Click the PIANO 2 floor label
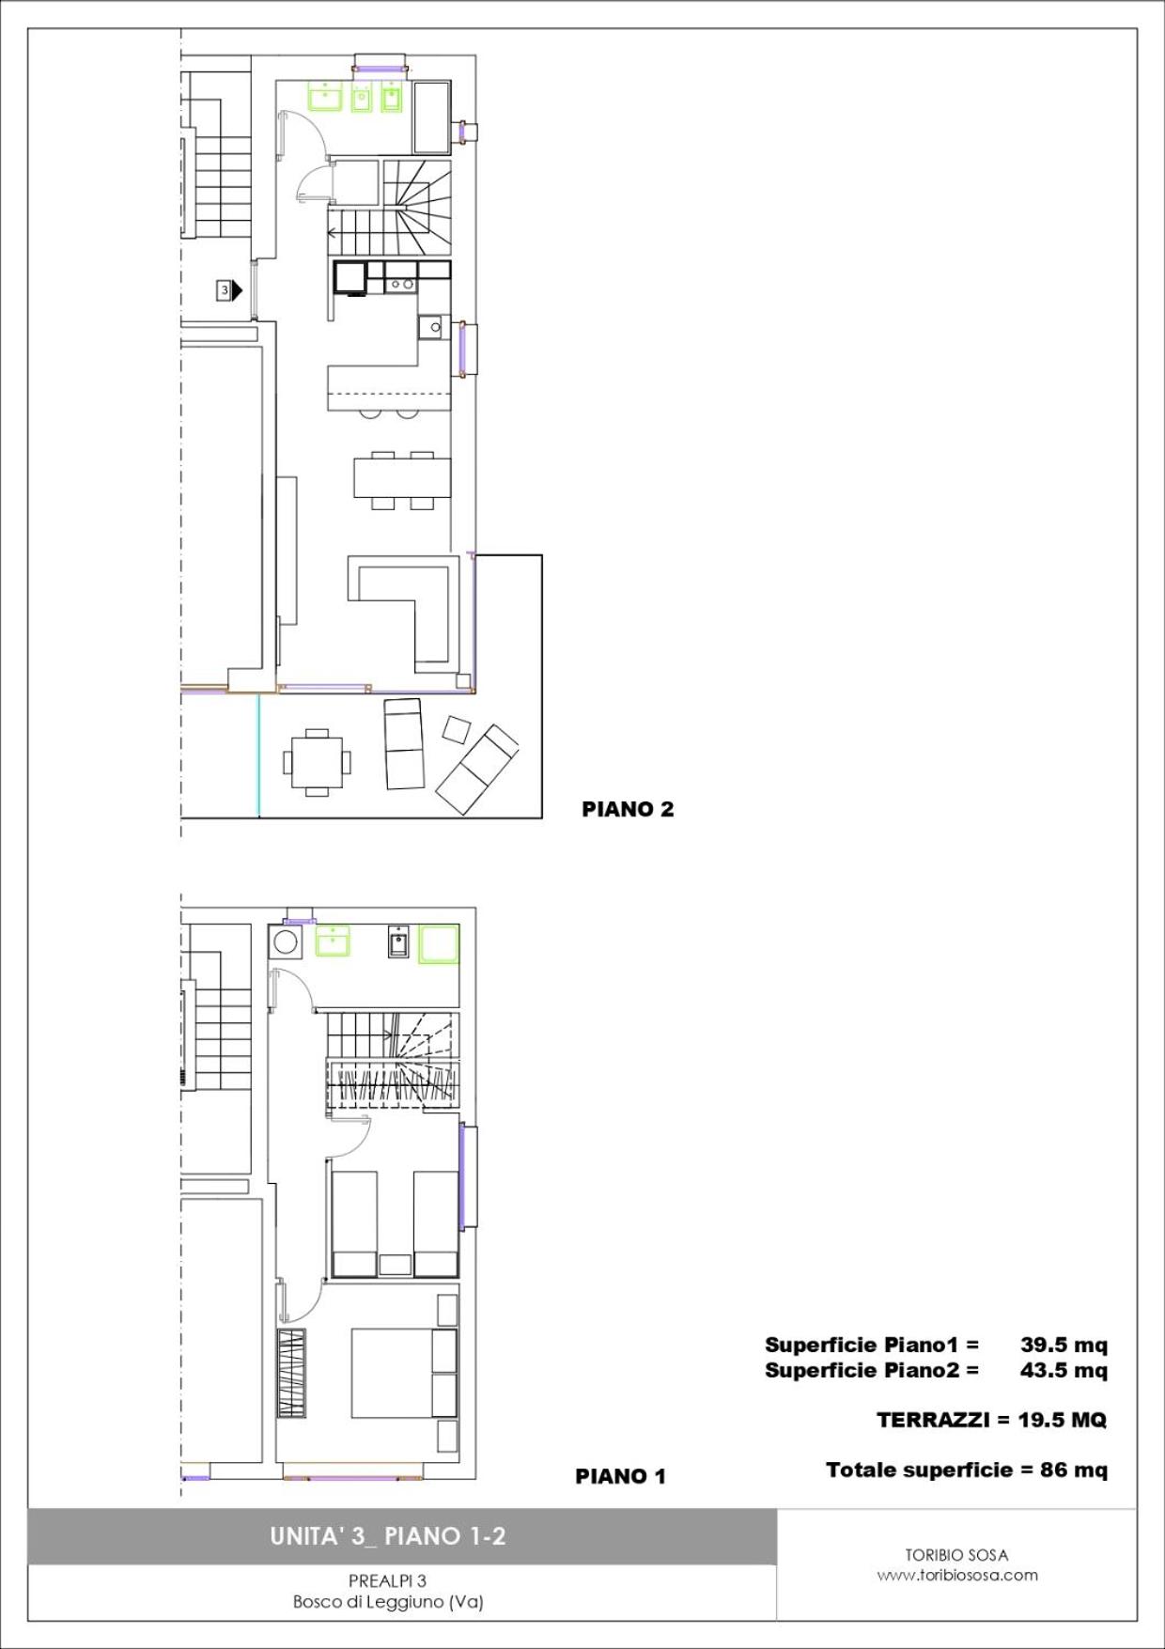(x=628, y=809)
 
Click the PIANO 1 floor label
(x=620, y=1476)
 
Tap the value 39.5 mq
(x=1064, y=1345)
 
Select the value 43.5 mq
(x=1064, y=1370)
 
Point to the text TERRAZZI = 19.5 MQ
(x=991, y=1420)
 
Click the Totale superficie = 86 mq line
(x=967, y=1470)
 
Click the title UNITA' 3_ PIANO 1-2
(x=388, y=1536)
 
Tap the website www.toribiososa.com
(x=957, y=1576)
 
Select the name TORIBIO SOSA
(x=956, y=1555)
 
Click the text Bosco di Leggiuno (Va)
(x=388, y=1602)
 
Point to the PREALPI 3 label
(x=387, y=1581)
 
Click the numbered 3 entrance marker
(x=228, y=290)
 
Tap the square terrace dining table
(x=318, y=762)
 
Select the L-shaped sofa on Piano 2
(x=405, y=611)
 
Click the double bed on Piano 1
(x=405, y=1373)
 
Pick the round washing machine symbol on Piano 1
(x=285, y=941)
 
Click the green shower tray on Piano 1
(x=439, y=943)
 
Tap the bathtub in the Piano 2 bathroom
(x=432, y=117)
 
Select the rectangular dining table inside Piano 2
(x=402, y=476)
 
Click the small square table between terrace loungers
(x=457, y=730)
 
